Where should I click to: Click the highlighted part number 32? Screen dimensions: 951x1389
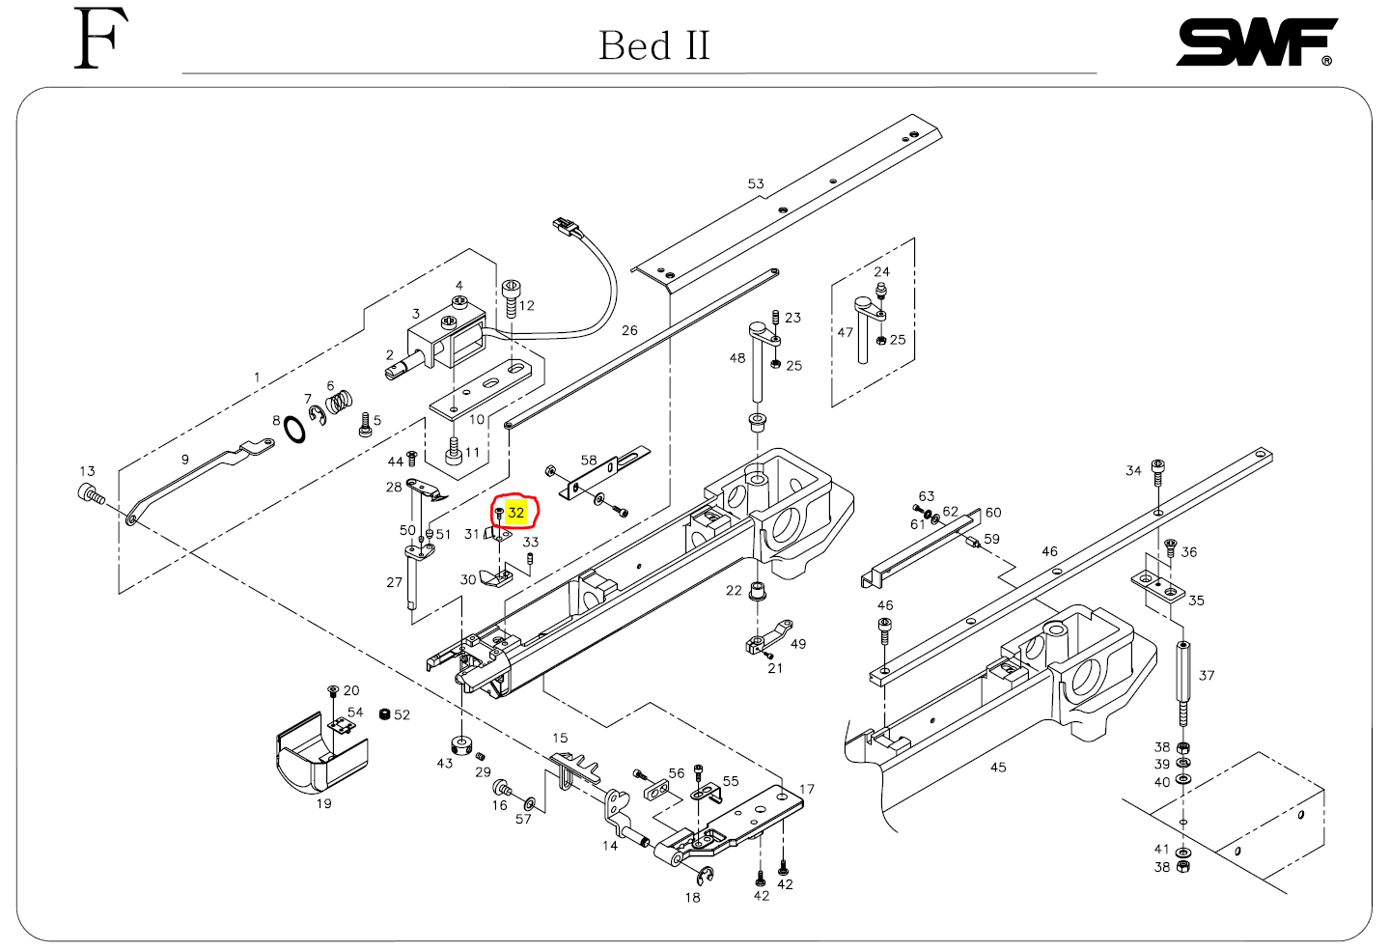coord(516,513)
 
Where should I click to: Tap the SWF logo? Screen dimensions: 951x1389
coord(1255,43)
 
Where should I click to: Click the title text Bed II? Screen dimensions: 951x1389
coord(653,45)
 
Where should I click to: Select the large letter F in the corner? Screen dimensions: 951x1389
coord(100,40)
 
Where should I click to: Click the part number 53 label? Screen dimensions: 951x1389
coord(756,183)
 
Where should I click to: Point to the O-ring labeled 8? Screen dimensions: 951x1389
coord(296,429)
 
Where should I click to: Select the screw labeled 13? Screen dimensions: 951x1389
coord(91,495)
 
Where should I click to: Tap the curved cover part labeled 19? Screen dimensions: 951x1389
coord(321,753)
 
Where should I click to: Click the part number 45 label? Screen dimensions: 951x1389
coord(998,767)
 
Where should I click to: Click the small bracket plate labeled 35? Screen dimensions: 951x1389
coord(1157,585)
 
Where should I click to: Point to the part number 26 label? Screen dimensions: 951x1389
coord(629,330)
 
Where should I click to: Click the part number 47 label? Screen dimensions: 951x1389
coord(846,332)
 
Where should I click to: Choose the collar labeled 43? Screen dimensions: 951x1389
coord(461,745)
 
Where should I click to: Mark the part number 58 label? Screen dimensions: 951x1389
coord(589,461)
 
